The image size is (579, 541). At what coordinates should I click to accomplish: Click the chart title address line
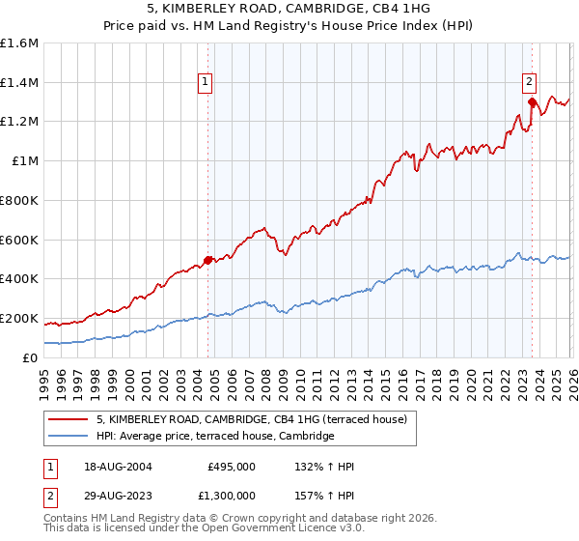289,8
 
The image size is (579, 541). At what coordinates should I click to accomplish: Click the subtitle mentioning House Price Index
289,24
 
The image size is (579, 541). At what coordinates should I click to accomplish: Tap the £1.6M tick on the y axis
19,43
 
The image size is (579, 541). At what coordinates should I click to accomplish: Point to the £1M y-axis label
25,161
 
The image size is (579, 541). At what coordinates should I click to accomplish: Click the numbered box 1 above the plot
207,83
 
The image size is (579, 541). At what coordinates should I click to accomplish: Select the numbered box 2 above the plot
530,83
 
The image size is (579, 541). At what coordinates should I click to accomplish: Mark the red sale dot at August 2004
207,259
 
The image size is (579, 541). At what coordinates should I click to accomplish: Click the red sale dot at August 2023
532,100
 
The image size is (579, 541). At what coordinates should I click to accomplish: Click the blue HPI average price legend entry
214,437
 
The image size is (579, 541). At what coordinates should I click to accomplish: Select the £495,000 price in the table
231,467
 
